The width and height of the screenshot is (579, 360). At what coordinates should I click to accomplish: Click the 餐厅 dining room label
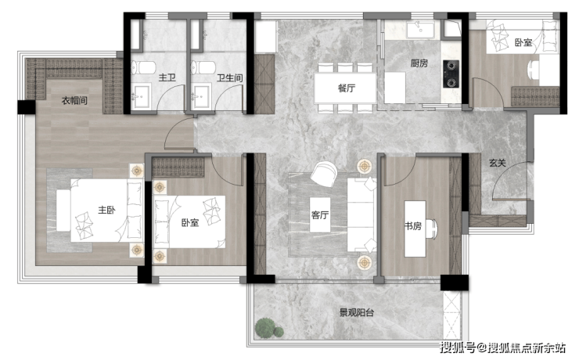[346, 88]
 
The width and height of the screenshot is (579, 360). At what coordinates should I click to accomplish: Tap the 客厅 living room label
[320, 215]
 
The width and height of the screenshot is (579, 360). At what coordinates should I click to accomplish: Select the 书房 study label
[413, 225]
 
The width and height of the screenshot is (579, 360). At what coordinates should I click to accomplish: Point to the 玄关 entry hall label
[498, 163]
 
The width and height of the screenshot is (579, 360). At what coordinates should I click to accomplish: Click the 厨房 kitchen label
[419, 63]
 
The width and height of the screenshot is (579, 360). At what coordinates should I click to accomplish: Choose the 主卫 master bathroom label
[167, 77]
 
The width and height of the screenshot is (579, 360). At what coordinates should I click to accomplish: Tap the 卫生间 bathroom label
[229, 78]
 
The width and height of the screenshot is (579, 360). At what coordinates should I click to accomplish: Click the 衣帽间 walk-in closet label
[74, 100]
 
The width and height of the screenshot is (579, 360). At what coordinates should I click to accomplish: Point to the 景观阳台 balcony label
[356, 313]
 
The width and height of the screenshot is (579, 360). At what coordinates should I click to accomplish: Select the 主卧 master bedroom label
[106, 210]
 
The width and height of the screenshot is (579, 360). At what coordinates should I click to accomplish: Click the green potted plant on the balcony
[269, 327]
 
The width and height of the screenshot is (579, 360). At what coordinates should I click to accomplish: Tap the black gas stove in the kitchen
[451, 74]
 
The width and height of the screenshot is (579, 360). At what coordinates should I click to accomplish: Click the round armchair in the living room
[323, 173]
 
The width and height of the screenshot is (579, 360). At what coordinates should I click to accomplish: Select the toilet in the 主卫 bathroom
[144, 67]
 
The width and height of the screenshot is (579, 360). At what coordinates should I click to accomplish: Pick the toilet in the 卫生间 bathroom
[203, 67]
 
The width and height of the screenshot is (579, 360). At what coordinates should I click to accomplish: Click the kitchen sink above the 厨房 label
[420, 30]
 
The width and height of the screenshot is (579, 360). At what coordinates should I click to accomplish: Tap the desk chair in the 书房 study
[433, 229]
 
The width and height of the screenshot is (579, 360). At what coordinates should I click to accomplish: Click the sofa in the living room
[361, 214]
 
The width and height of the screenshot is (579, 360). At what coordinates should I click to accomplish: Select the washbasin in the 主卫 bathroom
[142, 96]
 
